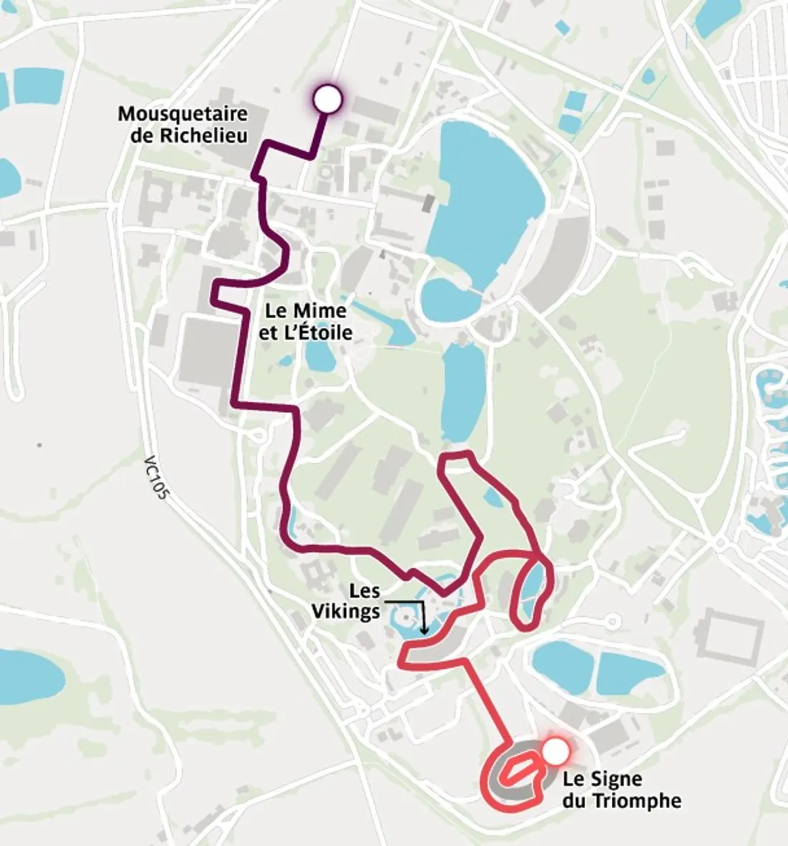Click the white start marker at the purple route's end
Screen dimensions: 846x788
[327, 99]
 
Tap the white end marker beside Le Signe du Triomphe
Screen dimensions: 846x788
[556, 751]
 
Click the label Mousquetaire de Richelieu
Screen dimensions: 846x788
[183, 124]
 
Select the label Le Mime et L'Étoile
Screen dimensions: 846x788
[306, 321]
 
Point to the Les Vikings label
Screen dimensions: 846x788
[365, 602]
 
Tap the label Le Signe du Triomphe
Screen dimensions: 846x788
[621, 789]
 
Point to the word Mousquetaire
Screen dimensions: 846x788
[183, 114]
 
